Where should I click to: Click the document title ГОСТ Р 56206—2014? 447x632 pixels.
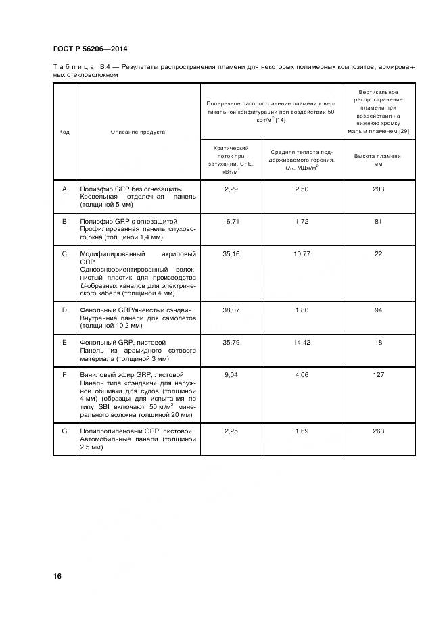90,49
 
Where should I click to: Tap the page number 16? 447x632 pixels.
57,576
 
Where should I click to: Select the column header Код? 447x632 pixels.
64,132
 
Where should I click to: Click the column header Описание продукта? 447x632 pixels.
138,132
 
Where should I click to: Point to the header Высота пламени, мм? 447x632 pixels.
378,160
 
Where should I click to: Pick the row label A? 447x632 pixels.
64,189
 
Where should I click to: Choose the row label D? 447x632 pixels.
64,310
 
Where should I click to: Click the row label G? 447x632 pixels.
64,431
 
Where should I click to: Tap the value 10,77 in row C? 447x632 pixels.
302,253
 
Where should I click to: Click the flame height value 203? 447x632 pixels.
378,189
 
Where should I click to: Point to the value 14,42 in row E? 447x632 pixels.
302,343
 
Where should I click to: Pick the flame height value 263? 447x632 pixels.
378,431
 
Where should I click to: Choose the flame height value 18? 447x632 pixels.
378,343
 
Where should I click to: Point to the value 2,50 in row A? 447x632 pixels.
302,189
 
